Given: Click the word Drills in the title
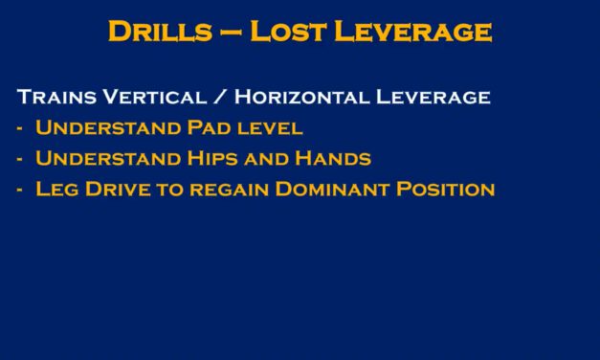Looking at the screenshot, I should point(159,32).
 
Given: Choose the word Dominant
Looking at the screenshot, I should point(332,189).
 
